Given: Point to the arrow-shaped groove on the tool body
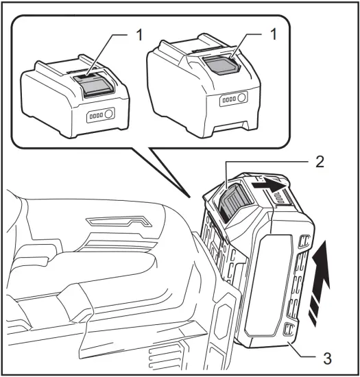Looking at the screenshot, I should click(x=119, y=222).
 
